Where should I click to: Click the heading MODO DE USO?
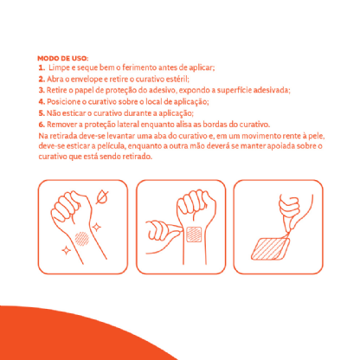pos(63,58)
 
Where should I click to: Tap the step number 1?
pos(42,67)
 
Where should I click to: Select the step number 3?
pos(42,90)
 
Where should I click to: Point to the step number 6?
pos(42,125)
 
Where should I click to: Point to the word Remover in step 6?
pos(61,125)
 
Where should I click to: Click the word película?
pos(112,146)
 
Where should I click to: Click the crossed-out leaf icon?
pos(102,196)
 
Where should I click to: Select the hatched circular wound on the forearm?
pos(82,239)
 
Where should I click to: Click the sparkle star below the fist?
pos(67,250)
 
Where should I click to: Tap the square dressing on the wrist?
pos(194,235)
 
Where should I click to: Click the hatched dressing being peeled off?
pos(270,248)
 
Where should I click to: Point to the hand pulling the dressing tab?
pos(290,211)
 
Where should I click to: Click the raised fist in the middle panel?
pos(196,205)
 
